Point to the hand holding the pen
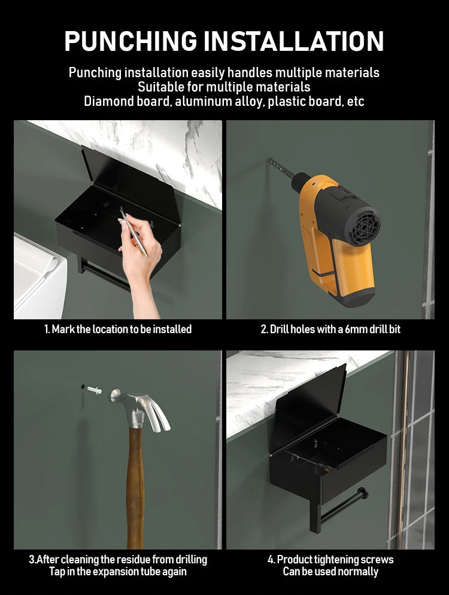click(141, 258)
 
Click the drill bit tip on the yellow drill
click(269, 160)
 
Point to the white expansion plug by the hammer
click(94, 390)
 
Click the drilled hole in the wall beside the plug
click(83, 387)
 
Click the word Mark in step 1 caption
click(63, 329)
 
